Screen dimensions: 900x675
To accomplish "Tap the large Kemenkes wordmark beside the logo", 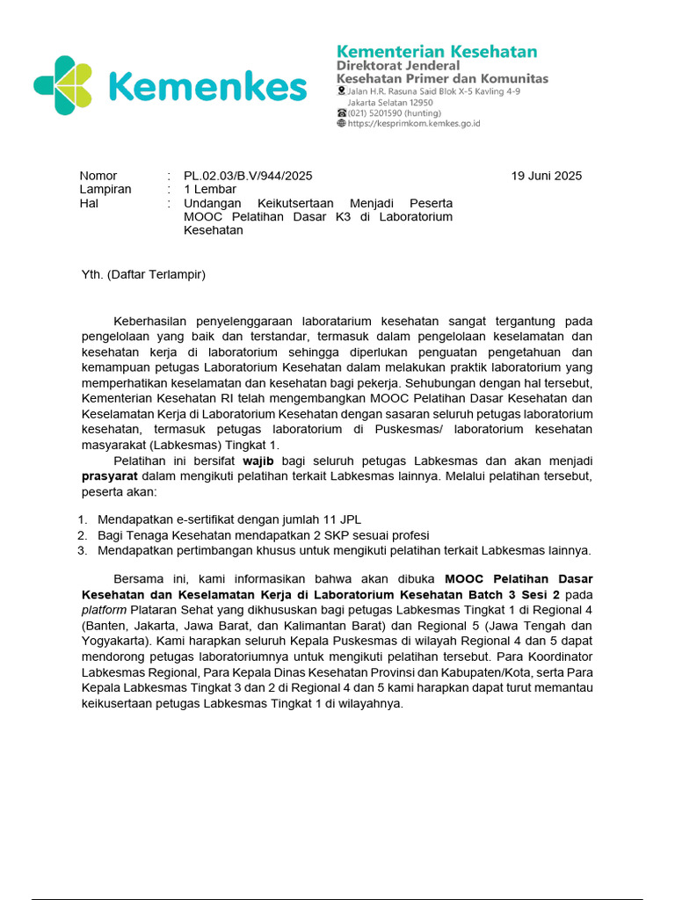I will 207,87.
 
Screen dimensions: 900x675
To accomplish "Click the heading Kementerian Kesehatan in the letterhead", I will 437,51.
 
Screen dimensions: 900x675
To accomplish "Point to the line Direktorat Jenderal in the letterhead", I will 398,66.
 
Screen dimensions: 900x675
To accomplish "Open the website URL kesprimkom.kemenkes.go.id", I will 414,124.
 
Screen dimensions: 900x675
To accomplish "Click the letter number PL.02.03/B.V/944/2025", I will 248,176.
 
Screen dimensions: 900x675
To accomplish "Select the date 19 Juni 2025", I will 546,176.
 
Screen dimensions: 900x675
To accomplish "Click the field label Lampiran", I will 105,189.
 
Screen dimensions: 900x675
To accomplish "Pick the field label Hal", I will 89,203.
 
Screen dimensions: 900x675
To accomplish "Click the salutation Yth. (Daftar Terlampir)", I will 143,274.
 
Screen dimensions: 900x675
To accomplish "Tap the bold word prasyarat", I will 110,476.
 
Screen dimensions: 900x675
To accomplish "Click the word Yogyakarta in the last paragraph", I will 112,641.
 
